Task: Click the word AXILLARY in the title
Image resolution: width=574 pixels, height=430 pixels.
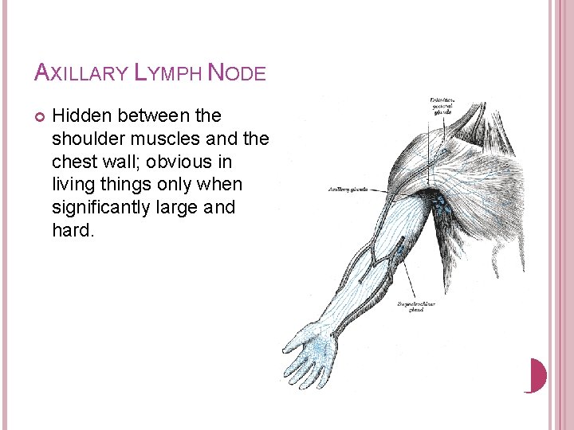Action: (81, 72)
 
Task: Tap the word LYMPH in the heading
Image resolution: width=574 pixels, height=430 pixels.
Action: (167, 72)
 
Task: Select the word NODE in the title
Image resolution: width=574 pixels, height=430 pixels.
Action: (236, 72)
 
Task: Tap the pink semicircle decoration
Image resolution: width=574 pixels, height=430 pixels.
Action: (538, 375)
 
